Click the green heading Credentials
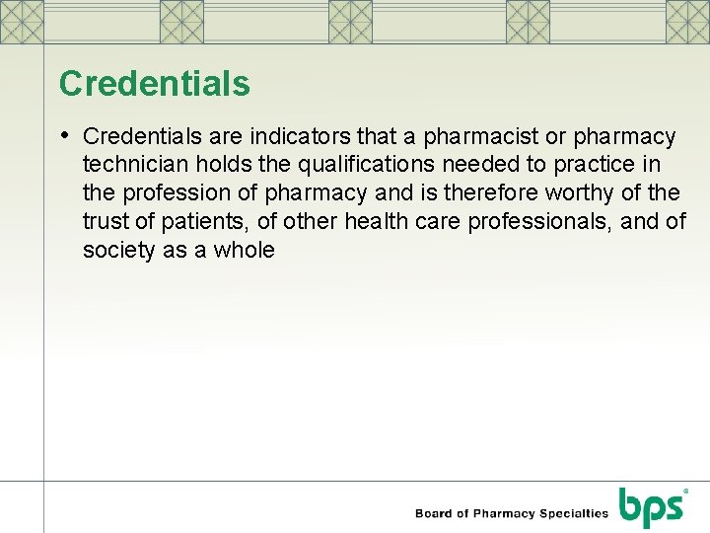[155, 84]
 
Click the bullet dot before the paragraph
[65, 134]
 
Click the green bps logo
[651, 508]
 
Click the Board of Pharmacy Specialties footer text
[512, 513]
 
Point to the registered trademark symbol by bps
[685, 491]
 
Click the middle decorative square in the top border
[350, 21]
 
